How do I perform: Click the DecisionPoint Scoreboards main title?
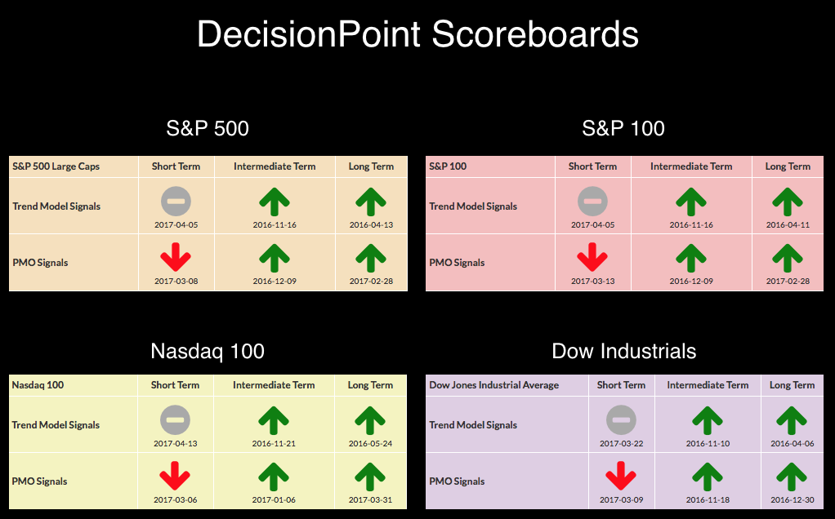click(x=417, y=34)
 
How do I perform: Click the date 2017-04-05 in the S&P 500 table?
click(x=176, y=225)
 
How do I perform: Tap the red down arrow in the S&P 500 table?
click(x=176, y=257)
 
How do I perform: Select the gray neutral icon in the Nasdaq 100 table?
click(x=175, y=420)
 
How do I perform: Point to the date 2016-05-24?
click(x=371, y=443)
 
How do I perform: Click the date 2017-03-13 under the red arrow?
click(x=592, y=282)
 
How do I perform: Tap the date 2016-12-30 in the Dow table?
click(x=793, y=500)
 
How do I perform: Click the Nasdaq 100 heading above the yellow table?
click(x=208, y=351)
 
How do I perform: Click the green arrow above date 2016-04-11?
click(x=788, y=202)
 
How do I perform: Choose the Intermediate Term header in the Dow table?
click(x=708, y=385)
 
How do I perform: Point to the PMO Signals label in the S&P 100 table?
click(x=457, y=263)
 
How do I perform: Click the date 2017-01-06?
click(x=274, y=500)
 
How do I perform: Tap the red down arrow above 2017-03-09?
click(x=621, y=476)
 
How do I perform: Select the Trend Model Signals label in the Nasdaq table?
click(x=56, y=425)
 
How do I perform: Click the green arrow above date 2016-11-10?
click(x=708, y=420)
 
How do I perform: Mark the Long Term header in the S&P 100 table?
click(x=788, y=166)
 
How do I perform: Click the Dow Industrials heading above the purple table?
click(x=624, y=351)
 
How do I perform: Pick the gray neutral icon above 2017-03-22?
click(x=621, y=420)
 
